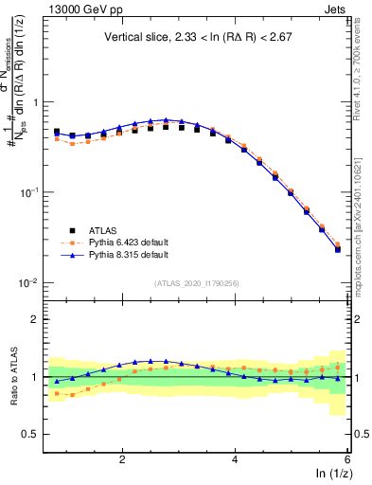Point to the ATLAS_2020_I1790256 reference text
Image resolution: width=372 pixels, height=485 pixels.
coord(197,283)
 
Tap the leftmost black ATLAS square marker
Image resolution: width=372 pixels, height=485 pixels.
coord(57,132)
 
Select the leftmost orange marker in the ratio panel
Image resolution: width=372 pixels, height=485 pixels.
coord(57,392)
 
